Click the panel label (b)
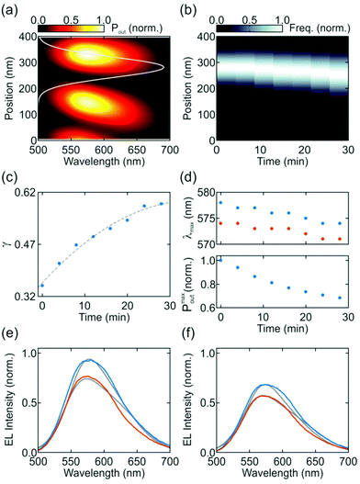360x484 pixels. click(x=196, y=8)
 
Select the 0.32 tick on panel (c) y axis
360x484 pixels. click(x=21, y=298)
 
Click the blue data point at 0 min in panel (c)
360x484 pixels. click(x=42, y=286)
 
